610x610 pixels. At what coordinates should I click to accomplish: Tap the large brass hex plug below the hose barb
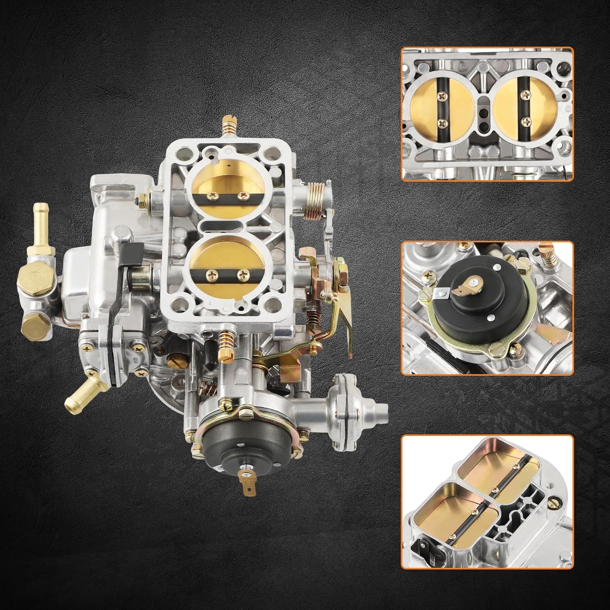[x=37, y=281]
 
